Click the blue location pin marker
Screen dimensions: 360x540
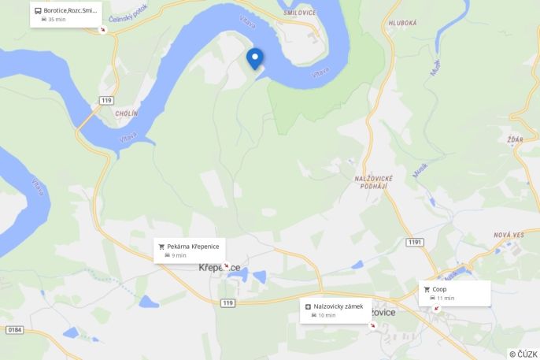click(255, 58)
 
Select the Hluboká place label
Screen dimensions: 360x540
click(401, 24)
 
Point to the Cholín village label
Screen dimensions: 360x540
click(126, 113)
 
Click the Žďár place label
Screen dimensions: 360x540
click(516, 139)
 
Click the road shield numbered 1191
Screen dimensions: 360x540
click(416, 242)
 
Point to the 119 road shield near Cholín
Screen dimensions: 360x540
click(105, 99)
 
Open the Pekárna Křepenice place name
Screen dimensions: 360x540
click(193, 247)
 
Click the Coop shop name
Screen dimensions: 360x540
click(439, 289)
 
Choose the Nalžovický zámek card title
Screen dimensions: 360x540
click(338, 306)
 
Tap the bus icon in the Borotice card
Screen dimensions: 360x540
click(38, 11)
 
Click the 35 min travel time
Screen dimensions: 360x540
click(57, 19)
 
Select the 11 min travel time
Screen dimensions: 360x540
click(446, 298)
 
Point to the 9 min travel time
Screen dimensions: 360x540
click(179, 255)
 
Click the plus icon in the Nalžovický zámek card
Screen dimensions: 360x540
click(308, 306)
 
